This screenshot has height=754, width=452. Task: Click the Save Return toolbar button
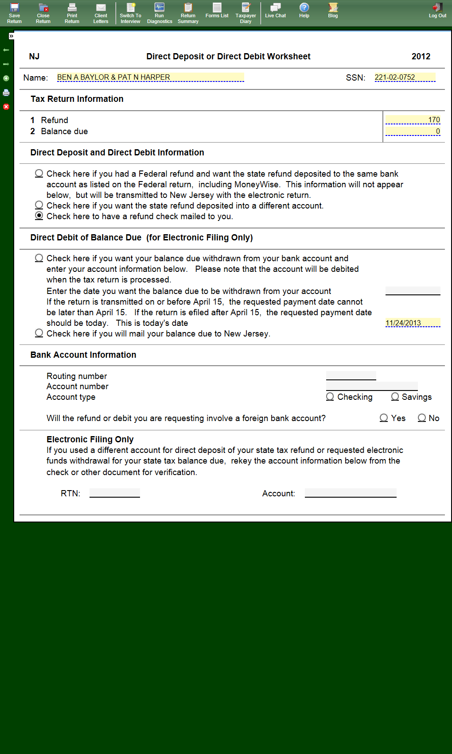click(x=14, y=13)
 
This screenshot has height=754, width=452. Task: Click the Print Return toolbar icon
click(x=72, y=13)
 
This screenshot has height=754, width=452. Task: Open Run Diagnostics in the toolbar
click(x=160, y=13)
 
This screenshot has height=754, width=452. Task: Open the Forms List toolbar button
click(x=217, y=11)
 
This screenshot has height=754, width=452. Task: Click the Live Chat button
click(x=275, y=11)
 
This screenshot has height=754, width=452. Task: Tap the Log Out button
click(x=437, y=11)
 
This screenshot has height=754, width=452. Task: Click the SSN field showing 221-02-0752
click(x=405, y=77)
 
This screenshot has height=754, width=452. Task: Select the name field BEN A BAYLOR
click(x=150, y=77)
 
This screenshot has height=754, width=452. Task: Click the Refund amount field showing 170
click(x=413, y=120)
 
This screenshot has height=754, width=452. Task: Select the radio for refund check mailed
click(x=39, y=216)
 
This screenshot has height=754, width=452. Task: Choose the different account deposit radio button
click(x=39, y=205)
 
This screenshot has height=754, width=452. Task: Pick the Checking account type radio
click(x=330, y=397)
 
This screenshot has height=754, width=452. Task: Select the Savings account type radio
click(x=395, y=397)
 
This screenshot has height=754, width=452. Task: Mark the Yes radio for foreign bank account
click(x=384, y=418)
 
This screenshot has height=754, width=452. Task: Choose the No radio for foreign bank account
click(x=422, y=418)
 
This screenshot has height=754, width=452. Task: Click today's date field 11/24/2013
click(x=413, y=323)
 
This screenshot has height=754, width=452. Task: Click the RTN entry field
click(x=115, y=493)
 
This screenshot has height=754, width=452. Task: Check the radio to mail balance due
click(x=39, y=333)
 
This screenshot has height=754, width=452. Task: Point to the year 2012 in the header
click(x=421, y=57)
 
